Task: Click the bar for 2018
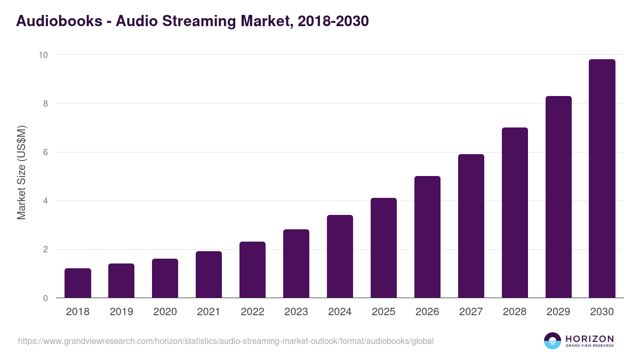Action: pos(78,283)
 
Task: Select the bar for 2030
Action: pos(602,179)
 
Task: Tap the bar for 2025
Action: pos(383,248)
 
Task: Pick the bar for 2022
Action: pos(252,270)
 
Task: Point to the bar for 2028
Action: pos(515,213)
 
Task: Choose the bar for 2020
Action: pos(165,278)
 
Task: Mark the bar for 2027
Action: pos(471,226)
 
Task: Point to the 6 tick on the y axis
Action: pos(45,153)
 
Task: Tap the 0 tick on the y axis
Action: pos(45,298)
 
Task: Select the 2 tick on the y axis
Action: pos(45,250)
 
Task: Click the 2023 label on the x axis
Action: pos(296,312)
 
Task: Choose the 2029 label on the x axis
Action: pos(558,312)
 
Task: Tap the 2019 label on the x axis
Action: pos(122,312)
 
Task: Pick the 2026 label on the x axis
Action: pos(427,312)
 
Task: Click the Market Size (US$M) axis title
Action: pos(21,172)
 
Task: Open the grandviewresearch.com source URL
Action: pos(226,341)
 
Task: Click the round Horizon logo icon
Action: pos(553,341)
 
